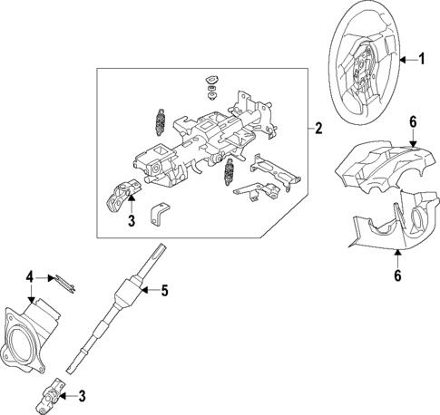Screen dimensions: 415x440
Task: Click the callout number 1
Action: click(x=421, y=60)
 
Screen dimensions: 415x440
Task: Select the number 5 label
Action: click(x=164, y=291)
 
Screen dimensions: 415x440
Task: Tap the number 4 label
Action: click(x=30, y=276)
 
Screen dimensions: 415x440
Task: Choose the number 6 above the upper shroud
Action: click(x=412, y=121)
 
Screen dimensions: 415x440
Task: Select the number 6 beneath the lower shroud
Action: click(x=398, y=275)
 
